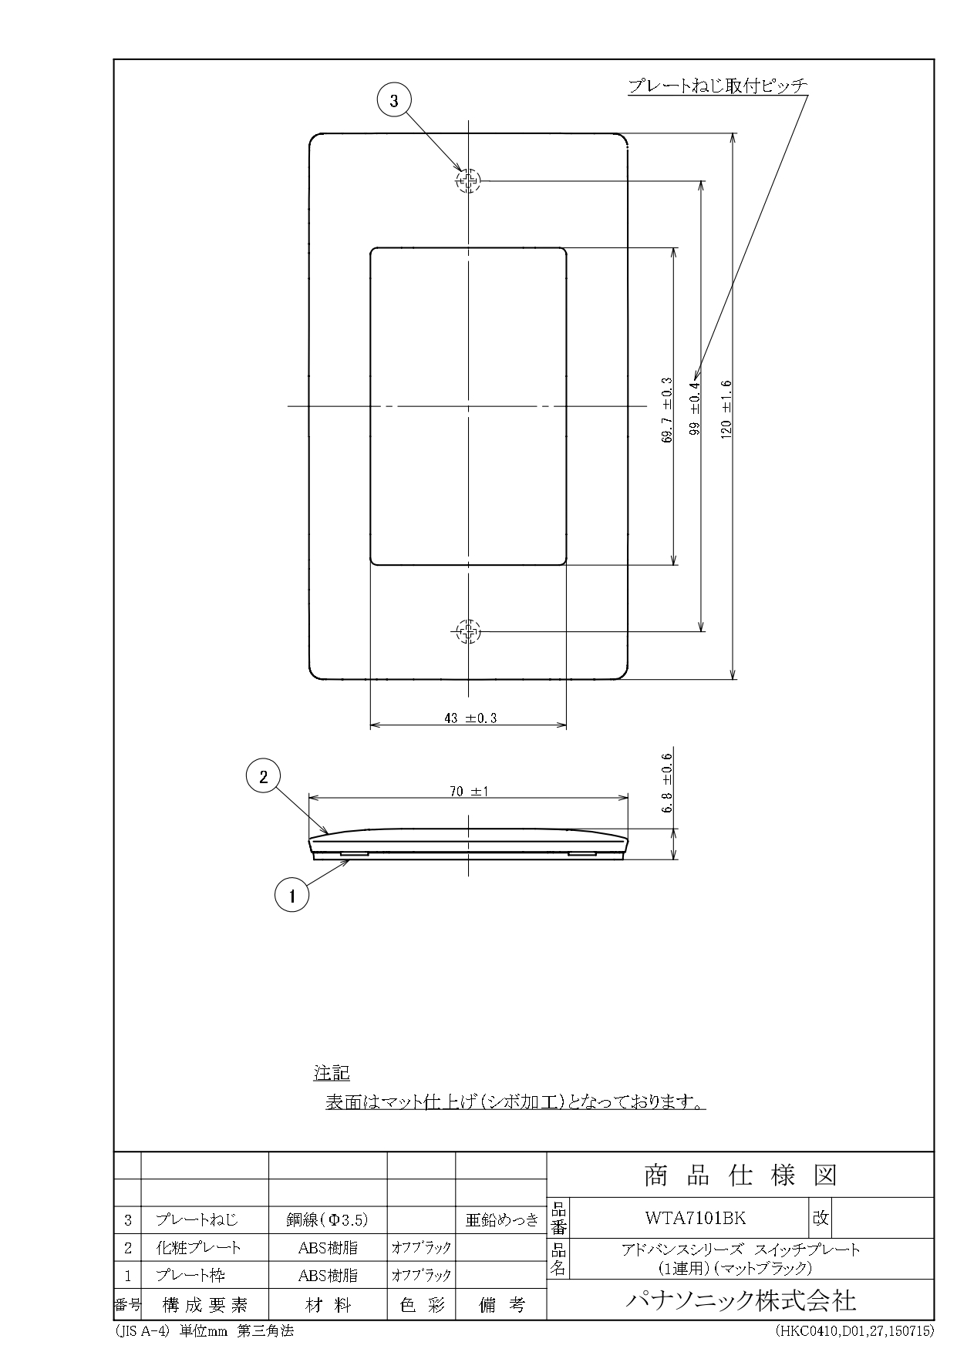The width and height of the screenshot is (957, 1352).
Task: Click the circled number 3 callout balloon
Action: (394, 100)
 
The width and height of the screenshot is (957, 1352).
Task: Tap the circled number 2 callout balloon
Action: (263, 776)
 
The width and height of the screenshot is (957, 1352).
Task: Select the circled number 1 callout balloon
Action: (291, 895)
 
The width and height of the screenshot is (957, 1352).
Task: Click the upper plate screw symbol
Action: (467, 182)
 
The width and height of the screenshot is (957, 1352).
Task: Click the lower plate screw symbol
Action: (467, 632)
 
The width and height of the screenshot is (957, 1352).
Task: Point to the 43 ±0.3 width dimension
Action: (470, 718)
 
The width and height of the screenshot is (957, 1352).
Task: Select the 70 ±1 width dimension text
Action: (469, 791)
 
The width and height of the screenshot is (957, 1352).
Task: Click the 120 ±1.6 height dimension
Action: (726, 409)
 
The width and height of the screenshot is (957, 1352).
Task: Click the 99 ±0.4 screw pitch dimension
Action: (694, 409)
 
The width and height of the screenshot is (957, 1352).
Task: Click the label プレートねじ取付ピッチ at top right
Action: (717, 86)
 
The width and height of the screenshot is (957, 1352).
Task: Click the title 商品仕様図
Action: (740, 1175)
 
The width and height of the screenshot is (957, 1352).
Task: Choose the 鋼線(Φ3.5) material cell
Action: (328, 1219)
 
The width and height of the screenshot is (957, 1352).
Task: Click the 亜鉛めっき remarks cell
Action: (501, 1219)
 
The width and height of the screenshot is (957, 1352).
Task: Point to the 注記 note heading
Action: (332, 1072)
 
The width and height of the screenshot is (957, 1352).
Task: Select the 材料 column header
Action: (328, 1305)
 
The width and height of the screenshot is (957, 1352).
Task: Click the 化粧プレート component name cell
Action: (199, 1247)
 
